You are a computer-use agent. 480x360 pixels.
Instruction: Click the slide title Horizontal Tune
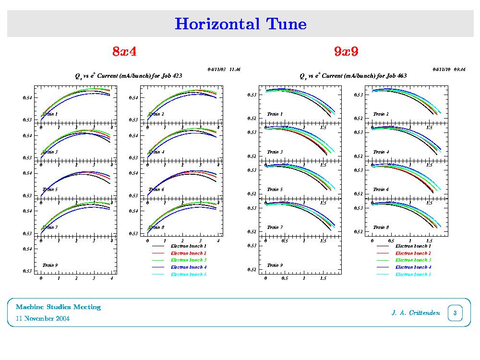pos(240,24)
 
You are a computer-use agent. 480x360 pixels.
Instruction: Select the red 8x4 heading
pos(124,51)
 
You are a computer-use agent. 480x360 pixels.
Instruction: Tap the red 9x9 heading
pos(346,51)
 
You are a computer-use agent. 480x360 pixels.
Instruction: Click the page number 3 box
pos(454,313)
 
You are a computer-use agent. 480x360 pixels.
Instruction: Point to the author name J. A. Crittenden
pos(415,313)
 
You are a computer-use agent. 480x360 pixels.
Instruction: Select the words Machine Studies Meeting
pos(58,307)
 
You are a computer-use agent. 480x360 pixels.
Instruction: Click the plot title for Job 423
pos(128,76)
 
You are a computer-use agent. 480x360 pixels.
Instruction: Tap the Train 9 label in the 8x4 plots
pos(50,265)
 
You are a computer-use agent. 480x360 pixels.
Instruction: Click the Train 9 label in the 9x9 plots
pos(275,265)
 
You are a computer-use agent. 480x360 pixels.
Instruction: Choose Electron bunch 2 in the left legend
pos(189,253)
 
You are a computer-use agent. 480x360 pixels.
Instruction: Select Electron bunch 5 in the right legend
pos(413,275)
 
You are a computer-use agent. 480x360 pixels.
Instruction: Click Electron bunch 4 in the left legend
pos(189,267)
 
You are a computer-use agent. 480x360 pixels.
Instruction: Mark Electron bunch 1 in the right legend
pos(413,246)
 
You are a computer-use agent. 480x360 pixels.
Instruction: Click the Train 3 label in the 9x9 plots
pos(275,152)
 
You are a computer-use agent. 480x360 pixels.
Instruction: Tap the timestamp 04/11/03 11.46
pos(224,70)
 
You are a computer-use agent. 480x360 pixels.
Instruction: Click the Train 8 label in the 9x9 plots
pos(381,227)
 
